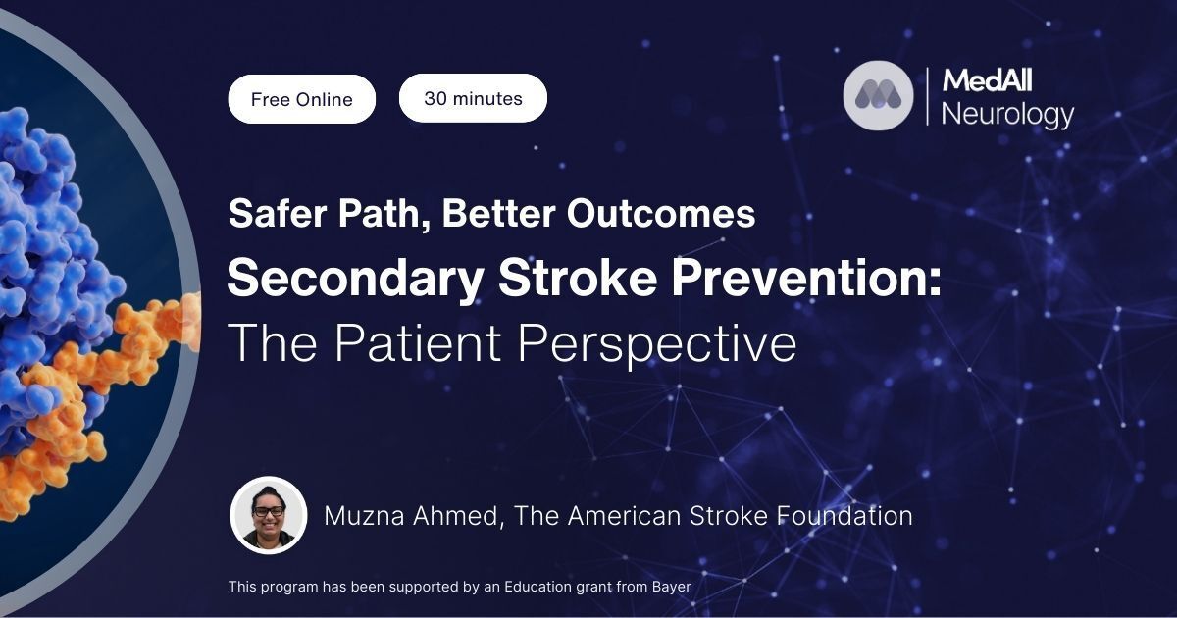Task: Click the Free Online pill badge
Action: tap(302, 99)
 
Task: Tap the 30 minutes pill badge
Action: tap(473, 98)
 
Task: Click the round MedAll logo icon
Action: tap(878, 95)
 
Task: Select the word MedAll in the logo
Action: tap(987, 80)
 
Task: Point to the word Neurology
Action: tap(1007, 115)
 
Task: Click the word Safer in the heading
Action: tap(278, 214)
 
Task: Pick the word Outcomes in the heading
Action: tap(661, 214)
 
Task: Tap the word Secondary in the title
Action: tap(355, 279)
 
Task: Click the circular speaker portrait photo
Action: tap(269, 515)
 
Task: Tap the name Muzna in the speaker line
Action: tap(364, 516)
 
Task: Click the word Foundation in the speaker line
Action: tap(844, 516)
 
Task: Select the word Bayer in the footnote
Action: tap(672, 587)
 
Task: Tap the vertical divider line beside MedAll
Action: tap(927, 96)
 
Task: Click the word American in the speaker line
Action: tap(624, 516)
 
